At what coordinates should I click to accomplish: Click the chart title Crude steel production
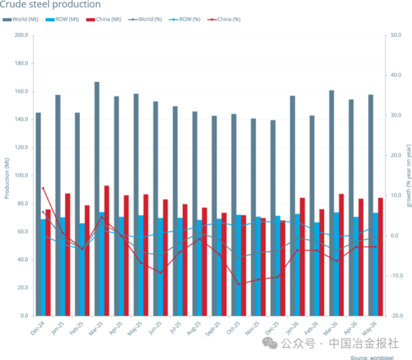click(50, 4)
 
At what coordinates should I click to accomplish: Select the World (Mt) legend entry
click(21, 19)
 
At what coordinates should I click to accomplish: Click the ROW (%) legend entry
click(185, 19)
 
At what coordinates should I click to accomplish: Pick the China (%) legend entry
click(224, 19)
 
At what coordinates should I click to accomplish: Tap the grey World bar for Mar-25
click(97, 199)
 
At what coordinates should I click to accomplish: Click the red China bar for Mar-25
click(107, 251)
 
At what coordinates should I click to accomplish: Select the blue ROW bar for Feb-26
click(317, 269)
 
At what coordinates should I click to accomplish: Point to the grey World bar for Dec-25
click(273, 218)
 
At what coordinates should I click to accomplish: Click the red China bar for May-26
click(380, 257)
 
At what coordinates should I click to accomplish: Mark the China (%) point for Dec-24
click(43, 188)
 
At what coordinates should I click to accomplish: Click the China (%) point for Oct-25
click(239, 284)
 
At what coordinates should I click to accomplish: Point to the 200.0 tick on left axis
click(21, 35)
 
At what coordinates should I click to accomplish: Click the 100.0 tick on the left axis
click(21, 175)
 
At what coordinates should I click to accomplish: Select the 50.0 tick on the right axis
click(396, 35)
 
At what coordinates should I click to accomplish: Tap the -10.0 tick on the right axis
click(396, 276)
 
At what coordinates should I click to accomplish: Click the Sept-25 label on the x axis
click(213, 328)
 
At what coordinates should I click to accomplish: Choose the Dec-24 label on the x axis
click(37, 328)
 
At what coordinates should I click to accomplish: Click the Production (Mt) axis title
click(7, 178)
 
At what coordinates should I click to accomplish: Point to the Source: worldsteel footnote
click(372, 357)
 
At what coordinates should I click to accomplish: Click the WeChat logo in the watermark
click(270, 343)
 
